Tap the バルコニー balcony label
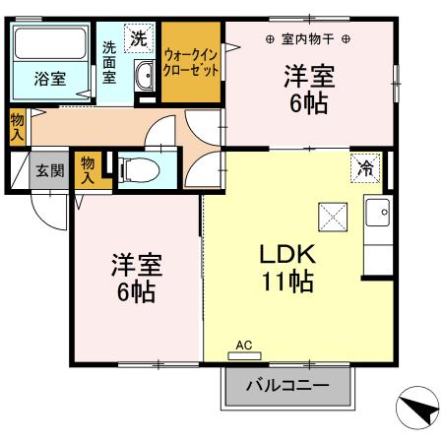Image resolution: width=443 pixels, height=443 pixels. pos(287,385)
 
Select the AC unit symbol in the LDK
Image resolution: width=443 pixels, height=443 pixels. pos(244,351)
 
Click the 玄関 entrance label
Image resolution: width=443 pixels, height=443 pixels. pos(50,170)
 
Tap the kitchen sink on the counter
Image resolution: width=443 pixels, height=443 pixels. pos(376,211)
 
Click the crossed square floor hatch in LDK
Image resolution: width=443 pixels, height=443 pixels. pos(332,213)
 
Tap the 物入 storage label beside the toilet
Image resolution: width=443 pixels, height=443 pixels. pos(89,169)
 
